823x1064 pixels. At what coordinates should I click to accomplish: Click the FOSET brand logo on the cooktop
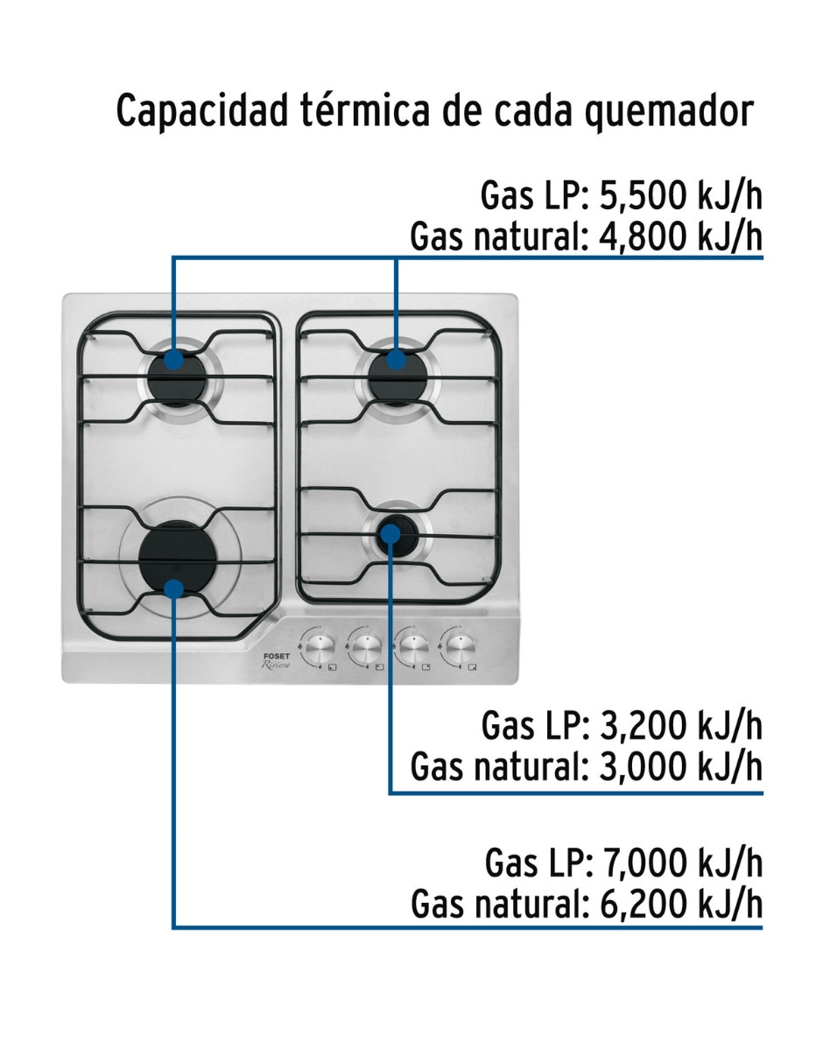277,656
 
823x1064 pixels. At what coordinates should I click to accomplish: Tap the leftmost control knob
319,648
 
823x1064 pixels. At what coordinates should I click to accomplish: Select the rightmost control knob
459,648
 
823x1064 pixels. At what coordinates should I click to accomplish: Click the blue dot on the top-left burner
173,359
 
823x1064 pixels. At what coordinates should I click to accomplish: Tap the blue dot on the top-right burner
396,359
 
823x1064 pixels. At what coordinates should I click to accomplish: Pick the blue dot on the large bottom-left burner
173,589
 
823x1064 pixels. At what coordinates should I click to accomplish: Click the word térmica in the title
365,110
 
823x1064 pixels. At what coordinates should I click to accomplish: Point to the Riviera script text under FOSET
277,665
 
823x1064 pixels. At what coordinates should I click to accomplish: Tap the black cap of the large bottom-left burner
177,559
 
